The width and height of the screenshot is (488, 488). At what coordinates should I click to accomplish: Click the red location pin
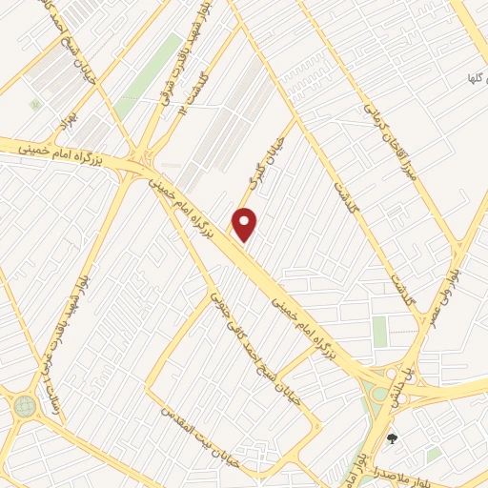(245, 225)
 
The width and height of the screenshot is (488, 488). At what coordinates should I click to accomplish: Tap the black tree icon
(392, 438)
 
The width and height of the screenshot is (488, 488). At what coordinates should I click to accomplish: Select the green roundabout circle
(25, 407)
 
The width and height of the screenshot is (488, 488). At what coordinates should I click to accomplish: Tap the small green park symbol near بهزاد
(35, 104)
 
